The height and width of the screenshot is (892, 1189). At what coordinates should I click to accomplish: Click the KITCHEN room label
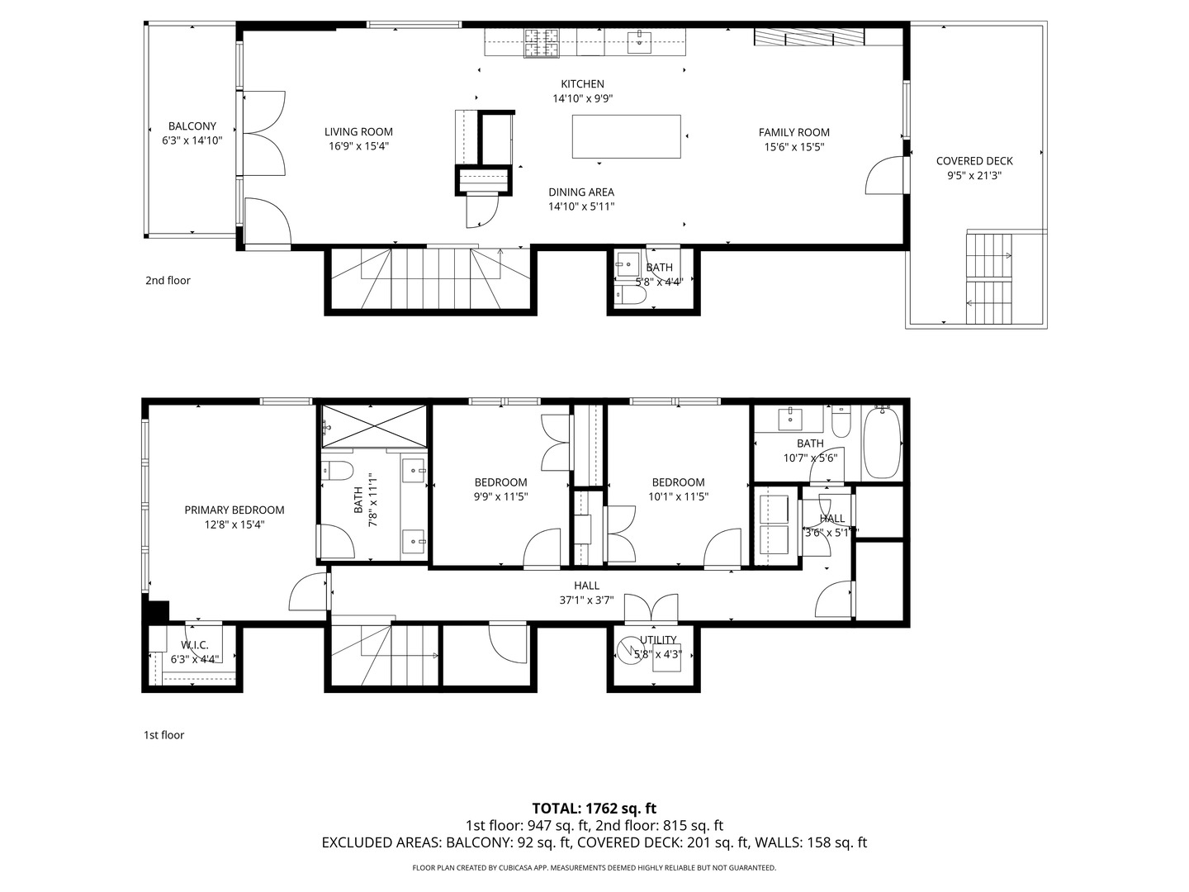click(x=582, y=84)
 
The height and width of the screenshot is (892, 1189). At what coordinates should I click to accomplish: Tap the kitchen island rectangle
click(x=626, y=136)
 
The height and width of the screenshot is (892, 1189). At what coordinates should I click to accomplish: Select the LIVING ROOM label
click(x=358, y=131)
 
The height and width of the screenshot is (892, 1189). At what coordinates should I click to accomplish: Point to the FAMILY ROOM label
click(x=793, y=132)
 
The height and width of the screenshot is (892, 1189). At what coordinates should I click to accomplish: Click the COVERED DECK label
click(x=974, y=161)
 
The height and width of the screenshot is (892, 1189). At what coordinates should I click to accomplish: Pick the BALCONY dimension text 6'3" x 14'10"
click(x=192, y=140)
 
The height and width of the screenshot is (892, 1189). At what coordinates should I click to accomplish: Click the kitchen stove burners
click(x=541, y=43)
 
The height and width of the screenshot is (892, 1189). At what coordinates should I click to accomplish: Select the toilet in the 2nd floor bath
click(x=631, y=295)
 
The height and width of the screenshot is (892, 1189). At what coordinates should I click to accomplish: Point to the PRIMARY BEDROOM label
click(x=234, y=510)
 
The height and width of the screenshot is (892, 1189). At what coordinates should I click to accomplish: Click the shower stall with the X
click(x=374, y=425)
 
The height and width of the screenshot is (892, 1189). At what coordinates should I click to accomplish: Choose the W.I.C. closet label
click(x=195, y=645)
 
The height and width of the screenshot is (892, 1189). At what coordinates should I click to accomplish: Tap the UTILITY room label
click(x=658, y=639)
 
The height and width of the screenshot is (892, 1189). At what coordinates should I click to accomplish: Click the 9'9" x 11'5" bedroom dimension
click(x=500, y=496)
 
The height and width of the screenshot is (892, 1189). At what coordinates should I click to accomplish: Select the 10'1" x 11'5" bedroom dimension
click(x=678, y=496)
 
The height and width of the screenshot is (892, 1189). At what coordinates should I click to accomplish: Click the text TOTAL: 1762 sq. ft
click(x=594, y=809)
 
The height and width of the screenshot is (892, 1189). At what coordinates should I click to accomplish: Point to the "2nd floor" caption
click(x=168, y=281)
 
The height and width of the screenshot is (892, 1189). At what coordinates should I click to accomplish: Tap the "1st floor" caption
click(x=163, y=735)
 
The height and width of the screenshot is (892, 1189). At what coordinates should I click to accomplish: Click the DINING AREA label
click(x=581, y=192)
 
